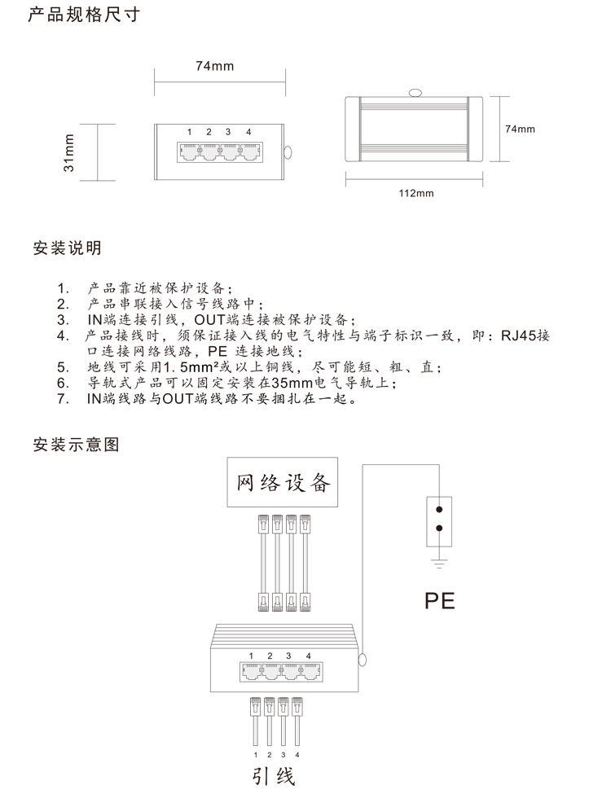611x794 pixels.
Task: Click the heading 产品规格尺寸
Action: [x=84, y=14]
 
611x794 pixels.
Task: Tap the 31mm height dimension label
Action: [x=68, y=152]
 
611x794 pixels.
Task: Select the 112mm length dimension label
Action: [x=416, y=193]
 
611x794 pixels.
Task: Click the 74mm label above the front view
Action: [x=215, y=66]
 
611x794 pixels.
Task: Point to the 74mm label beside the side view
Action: [x=520, y=129]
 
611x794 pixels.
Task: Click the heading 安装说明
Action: [x=68, y=248]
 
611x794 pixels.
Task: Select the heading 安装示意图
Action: [x=76, y=444]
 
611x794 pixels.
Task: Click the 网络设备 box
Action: [x=282, y=482]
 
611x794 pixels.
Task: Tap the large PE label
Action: [x=439, y=600]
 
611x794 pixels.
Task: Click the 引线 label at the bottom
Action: [x=274, y=776]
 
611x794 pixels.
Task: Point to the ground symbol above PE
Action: [x=439, y=562]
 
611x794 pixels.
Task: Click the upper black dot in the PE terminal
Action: [x=439, y=510]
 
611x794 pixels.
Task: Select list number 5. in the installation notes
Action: [x=63, y=367]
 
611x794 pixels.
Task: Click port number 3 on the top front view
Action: [x=228, y=132]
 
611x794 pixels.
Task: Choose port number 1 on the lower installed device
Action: [x=251, y=656]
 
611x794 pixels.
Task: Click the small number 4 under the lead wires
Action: [x=297, y=754]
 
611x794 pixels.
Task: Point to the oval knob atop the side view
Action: [x=415, y=93]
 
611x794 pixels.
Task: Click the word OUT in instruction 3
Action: [x=209, y=320]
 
